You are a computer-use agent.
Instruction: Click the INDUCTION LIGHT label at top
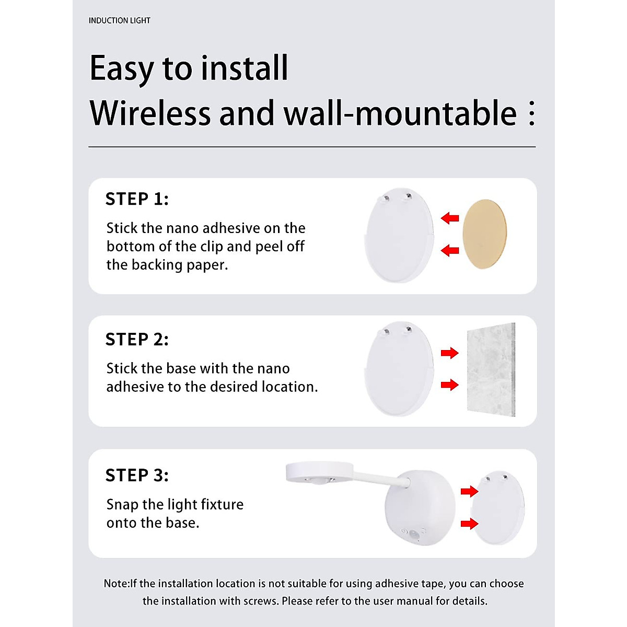click(x=119, y=20)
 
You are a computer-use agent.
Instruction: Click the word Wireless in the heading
click(x=149, y=113)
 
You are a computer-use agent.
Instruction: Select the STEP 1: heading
click(x=137, y=199)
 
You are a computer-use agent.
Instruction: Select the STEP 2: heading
click(x=137, y=340)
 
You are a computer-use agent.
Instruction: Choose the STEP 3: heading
click(x=137, y=475)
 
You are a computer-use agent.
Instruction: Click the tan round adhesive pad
click(x=485, y=234)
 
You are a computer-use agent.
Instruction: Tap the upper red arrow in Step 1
click(x=450, y=218)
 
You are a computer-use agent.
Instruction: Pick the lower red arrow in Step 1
click(x=450, y=251)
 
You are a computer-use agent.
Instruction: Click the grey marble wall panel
click(x=490, y=370)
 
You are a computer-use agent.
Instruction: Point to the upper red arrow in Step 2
click(x=449, y=353)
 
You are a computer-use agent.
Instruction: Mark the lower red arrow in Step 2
click(x=449, y=385)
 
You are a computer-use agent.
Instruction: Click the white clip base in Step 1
click(x=399, y=236)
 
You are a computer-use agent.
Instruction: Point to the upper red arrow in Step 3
click(x=469, y=491)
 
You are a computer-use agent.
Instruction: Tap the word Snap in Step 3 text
click(x=122, y=505)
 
